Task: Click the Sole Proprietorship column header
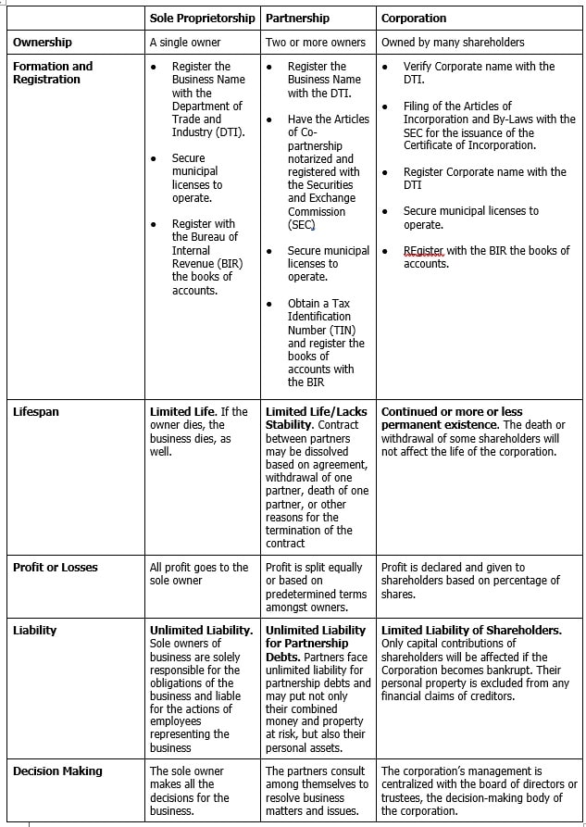pos(202,18)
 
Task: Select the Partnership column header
pos(299,18)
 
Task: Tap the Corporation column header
pos(413,18)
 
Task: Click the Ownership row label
pos(43,42)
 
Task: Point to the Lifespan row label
pos(36,411)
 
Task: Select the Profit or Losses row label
pos(55,567)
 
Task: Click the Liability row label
pos(34,630)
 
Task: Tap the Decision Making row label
pos(57,771)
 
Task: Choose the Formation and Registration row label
pos(53,72)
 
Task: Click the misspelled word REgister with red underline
pos(423,250)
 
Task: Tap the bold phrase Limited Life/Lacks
pos(316,411)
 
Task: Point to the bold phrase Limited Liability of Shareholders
pos(471,630)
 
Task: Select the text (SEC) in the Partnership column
pos(302,224)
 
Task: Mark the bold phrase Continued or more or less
pos(452,411)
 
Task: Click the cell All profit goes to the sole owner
pos(199,573)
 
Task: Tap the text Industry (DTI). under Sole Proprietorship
pos(208,132)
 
